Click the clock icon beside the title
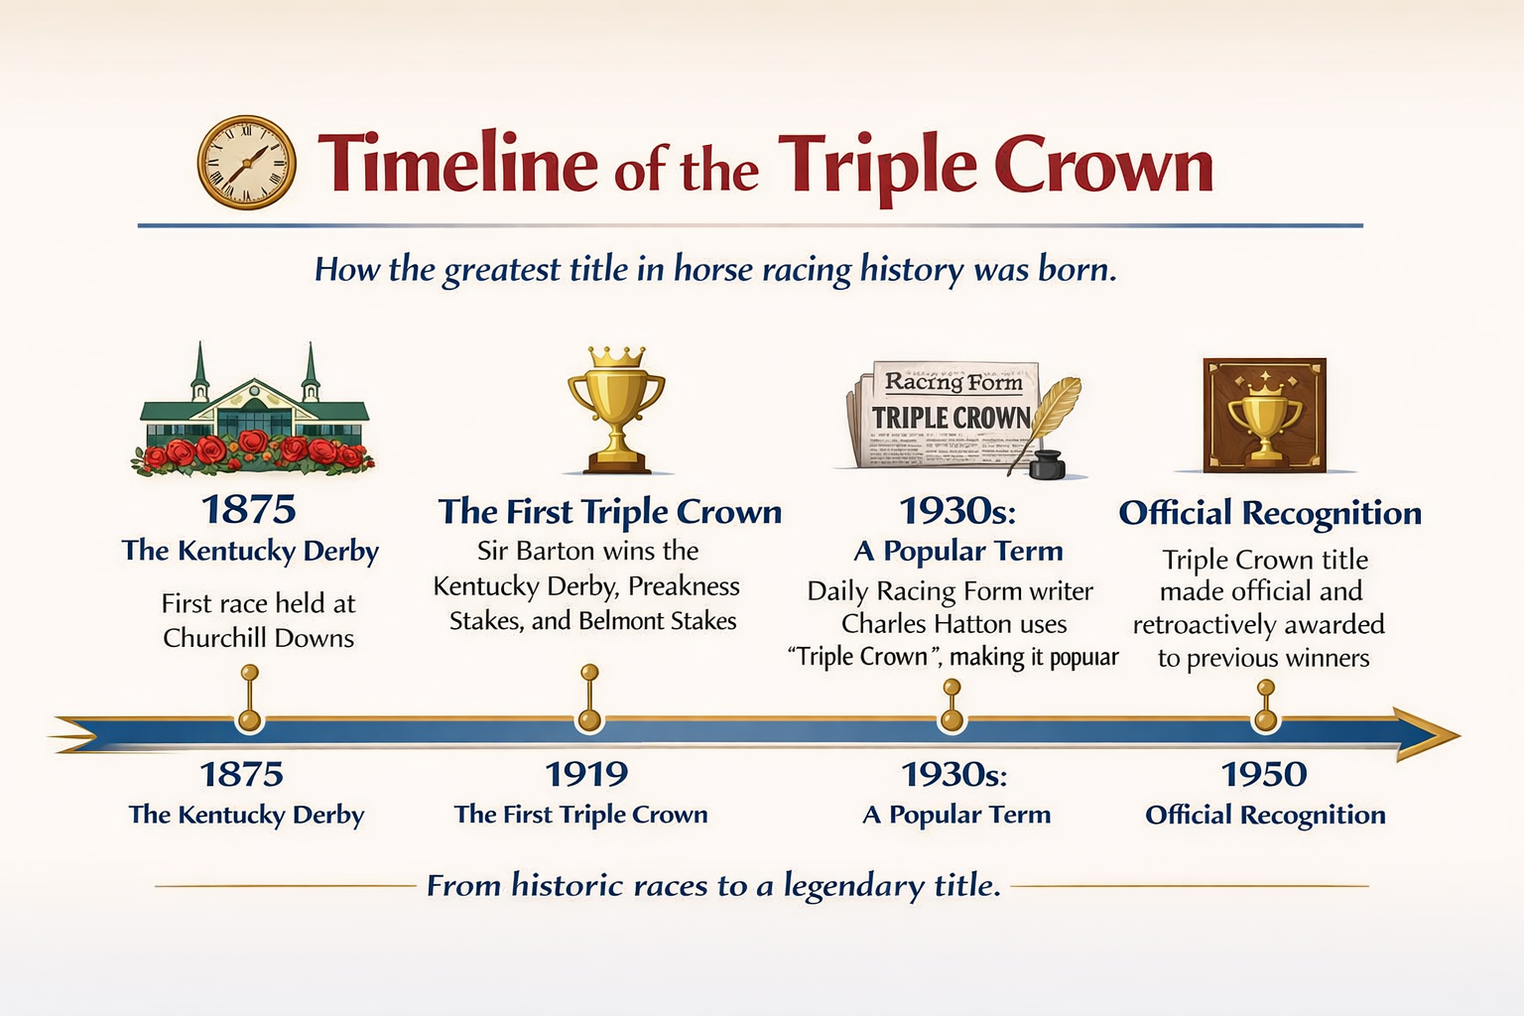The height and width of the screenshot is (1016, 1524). tap(246, 162)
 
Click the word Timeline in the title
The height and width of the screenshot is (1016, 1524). tap(457, 164)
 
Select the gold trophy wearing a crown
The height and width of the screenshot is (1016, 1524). tap(616, 410)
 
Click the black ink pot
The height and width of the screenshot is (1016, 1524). tap(1047, 464)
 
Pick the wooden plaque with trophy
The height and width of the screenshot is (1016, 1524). tap(1265, 415)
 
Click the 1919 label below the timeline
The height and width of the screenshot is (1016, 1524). tap(586, 775)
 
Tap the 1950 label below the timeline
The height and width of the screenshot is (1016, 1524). tap(1264, 775)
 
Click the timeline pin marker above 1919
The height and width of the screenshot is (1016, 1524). tap(589, 698)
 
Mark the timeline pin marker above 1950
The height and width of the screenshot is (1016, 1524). tap(1265, 705)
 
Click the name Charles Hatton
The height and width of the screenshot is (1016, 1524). tap(953, 624)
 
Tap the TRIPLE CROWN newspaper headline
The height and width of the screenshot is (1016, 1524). tap(952, 418)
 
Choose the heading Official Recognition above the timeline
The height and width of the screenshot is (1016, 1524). tap(1270, 512)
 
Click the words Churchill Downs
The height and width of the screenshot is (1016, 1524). tap(259, 638)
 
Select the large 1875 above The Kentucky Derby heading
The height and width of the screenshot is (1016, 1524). tap(249, 509)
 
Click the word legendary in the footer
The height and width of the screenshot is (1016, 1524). tap(854, 886)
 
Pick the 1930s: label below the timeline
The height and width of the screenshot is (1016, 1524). tap(953, 775)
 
